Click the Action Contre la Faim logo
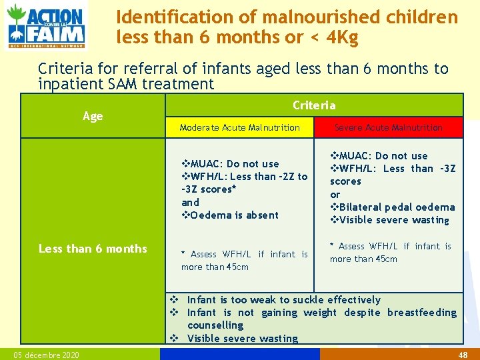pos(46,25)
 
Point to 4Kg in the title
pos(340,38)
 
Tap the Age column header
pos(93,116)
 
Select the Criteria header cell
pos(314,105)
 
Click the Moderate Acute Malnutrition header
pos(239,127)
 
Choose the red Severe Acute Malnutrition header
pos(388,127)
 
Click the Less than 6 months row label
pos(93,249)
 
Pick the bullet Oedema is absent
pos(231,215)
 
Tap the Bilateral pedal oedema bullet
pos(393,207)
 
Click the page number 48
pos(463,355)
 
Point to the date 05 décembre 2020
pos(46,355)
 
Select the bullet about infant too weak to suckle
pos(280,300)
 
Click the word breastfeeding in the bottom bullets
pos(422,313)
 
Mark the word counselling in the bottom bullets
pos(215,325)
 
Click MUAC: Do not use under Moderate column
pos(231,163)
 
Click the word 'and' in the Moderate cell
pos(190,202)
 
